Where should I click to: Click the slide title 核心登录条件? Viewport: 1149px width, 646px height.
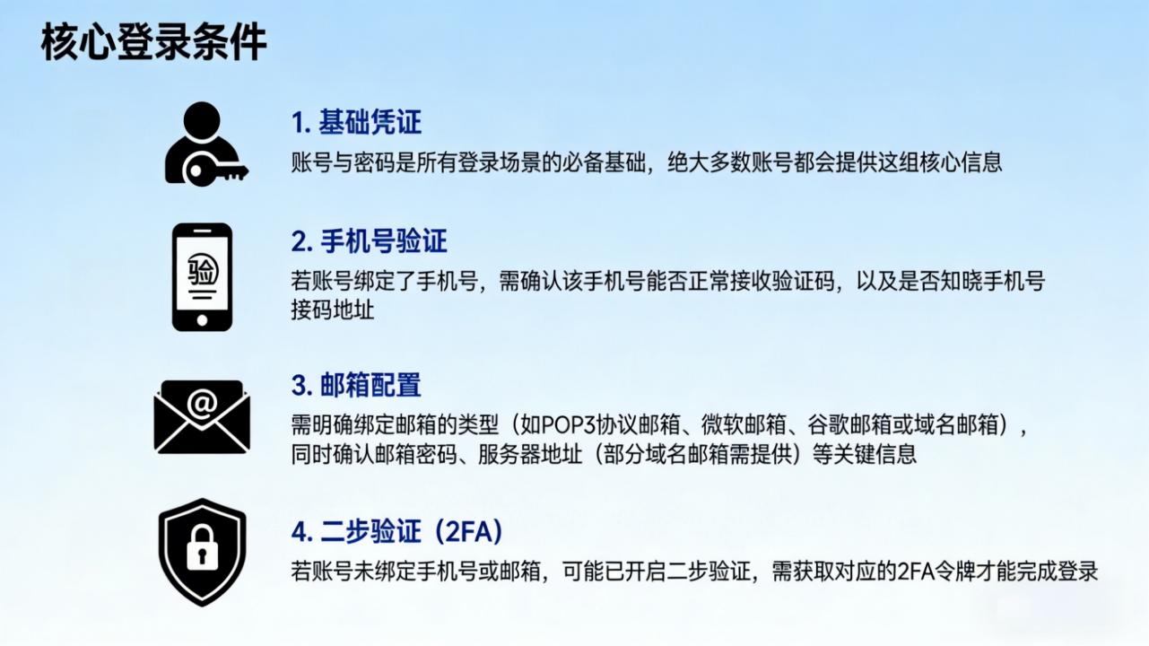tap(153, 43)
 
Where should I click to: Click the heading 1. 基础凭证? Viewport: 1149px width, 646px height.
tap(356, 123)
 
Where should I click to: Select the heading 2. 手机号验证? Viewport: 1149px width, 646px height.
tap(369, 240)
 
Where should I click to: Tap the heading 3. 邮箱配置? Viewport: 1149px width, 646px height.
tap(356, 385)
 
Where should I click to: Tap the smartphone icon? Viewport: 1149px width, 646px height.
tap(202, 277)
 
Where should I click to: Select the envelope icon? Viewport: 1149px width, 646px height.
tap(201, 416)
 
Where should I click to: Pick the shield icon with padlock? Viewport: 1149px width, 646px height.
tap(202, 552)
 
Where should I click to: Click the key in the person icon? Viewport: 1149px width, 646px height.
tap(216, 170)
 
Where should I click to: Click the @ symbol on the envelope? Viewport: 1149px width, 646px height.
tap(202, 404)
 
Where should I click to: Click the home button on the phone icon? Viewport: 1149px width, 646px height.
tap(202, 320)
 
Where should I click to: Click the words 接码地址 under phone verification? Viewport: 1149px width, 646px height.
tap(333, 310)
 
